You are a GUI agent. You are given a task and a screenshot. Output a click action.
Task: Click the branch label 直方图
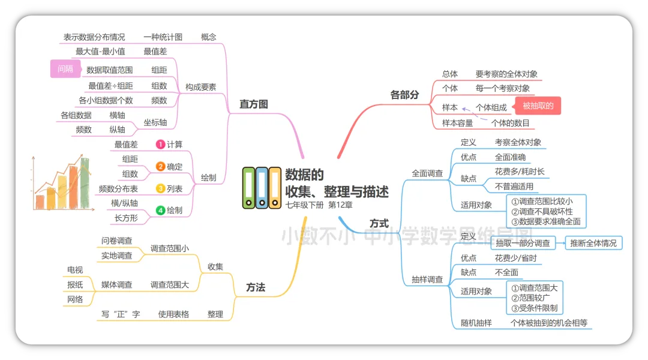pos(253,104)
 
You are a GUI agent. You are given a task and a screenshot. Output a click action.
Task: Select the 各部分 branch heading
pos(404,94)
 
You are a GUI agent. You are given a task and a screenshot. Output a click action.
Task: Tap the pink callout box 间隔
pos(65,69)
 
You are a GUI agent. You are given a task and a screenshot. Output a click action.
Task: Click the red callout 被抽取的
pos(538,106)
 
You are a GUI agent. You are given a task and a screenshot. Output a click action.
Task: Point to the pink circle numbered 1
pos(160,144)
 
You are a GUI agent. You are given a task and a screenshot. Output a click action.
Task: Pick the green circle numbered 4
pos(160,210)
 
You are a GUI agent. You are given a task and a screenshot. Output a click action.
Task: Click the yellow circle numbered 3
pos(160,188)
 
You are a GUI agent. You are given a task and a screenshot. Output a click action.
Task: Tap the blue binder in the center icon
pos(262,188)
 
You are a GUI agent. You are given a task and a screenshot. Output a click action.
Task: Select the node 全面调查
pos(427,173)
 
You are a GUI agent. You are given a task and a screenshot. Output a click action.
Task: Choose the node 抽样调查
pos(427,279)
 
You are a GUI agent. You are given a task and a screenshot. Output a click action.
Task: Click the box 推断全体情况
pos(593,243)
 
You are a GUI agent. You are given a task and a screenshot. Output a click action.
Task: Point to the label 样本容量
pos(457,123)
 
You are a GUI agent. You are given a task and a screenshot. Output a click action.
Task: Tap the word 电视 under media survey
pos(75,269)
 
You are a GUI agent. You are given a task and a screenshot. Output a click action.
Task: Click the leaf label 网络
pos(75,299)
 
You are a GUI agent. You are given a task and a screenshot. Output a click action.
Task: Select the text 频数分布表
pos(118,188)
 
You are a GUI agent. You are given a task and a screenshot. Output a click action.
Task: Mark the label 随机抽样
pos(476,323)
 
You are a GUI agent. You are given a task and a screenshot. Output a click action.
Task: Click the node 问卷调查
pos(116,240)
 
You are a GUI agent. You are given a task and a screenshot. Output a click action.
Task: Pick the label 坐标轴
pos(155,122)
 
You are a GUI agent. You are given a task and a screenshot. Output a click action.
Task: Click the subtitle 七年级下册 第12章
pos(319,205)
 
